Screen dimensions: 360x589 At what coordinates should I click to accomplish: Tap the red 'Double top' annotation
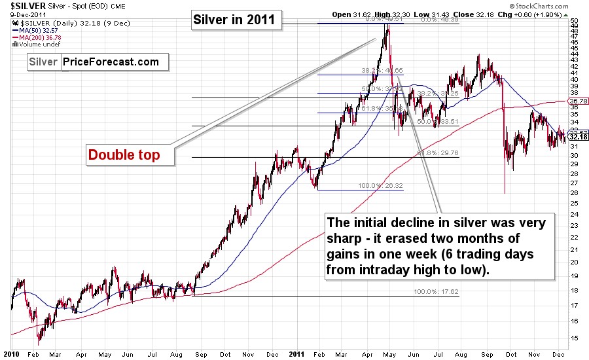coord(124,155)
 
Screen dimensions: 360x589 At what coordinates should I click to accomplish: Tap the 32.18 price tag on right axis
coord(578,136)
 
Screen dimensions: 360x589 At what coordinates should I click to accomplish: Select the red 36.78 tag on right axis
coord(578,101)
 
